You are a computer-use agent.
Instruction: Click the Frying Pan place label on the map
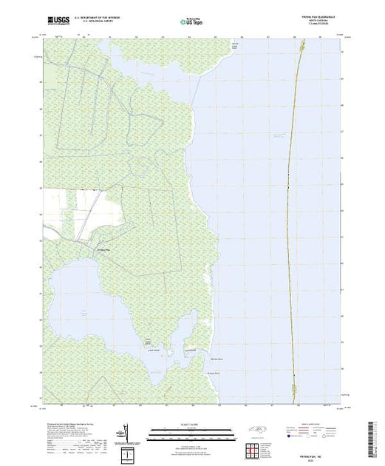click(103, 250)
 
